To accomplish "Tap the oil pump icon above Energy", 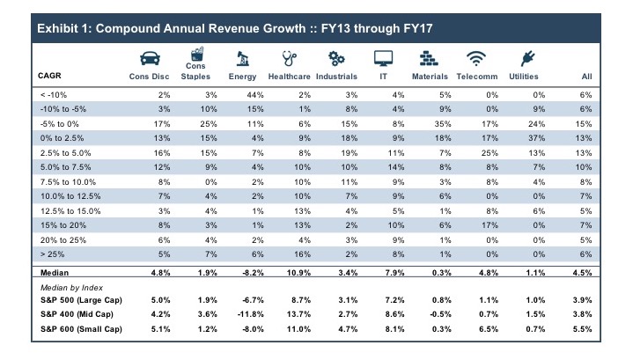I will (x=242, y=56).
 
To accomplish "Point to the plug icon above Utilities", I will (x=530, y=56).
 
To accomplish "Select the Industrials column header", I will (x=336, y=77).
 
